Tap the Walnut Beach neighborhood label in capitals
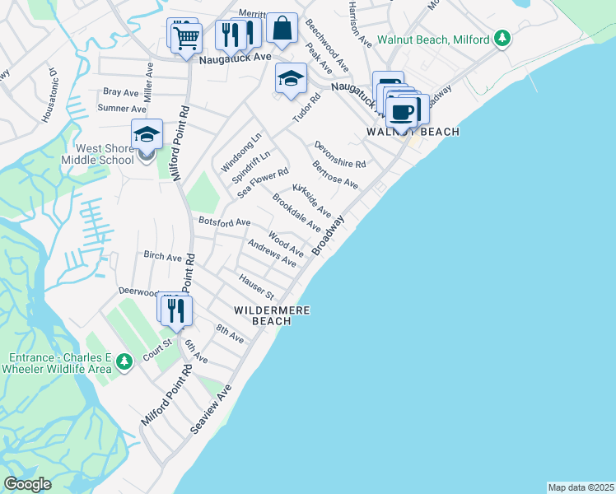pyautogui.click(x=413, y=132)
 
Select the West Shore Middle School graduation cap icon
pyautogui.click(x=147, y=133)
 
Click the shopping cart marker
pyautogui.click(x=187, y=37)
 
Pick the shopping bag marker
pyautogui.click(x=282, y=28)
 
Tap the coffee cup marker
pyautogui.click(x=403, y=110)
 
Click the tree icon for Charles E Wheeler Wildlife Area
pyautogui.click(x=124, y=361)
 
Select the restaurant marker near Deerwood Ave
pyautogui.click(x=175, y=310)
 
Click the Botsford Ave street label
pyautogui.click(x=224, y=222)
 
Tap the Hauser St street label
pyautogui.click(x=256, y=287)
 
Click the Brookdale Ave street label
pyautogui.click(x=296, y=212)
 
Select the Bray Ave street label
pyautogui.click(x=121, y=92)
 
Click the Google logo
pyautogui.click(x=27, y=484)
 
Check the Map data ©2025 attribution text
pyautogui.click(x=581, y=487)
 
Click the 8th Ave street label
pyautogui.click(x=230, y=333)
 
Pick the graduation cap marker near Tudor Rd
pyautogui.click(x=290, y=79)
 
